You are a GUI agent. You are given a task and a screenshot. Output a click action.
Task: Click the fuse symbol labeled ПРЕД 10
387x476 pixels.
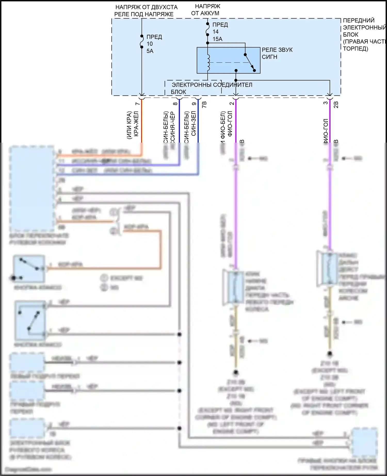coord(142,42)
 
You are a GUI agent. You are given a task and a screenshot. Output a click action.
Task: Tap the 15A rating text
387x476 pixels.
coord(217,39)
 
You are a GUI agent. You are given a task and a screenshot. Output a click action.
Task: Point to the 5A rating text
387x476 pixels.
coord(150,51)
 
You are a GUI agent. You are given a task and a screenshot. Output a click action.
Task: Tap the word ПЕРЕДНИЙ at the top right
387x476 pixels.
coord(359,21)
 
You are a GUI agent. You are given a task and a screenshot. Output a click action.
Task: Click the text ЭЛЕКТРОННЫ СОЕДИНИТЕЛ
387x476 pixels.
coord(212,85)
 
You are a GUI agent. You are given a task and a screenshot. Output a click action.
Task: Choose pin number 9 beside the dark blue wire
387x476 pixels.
coord(194,104)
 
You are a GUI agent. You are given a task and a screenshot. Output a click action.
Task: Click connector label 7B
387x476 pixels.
coord(204,104)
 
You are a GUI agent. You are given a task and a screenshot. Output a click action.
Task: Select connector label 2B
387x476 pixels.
coord(336,104)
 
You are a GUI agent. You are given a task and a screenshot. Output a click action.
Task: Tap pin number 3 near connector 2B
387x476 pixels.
coord(326,103)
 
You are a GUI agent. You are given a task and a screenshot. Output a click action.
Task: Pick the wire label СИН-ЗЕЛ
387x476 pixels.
coord(193,124)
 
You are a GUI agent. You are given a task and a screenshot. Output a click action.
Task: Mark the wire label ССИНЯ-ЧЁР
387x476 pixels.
coord(173,127)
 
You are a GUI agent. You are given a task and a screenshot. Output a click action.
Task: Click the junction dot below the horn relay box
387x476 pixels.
coord(236,80)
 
